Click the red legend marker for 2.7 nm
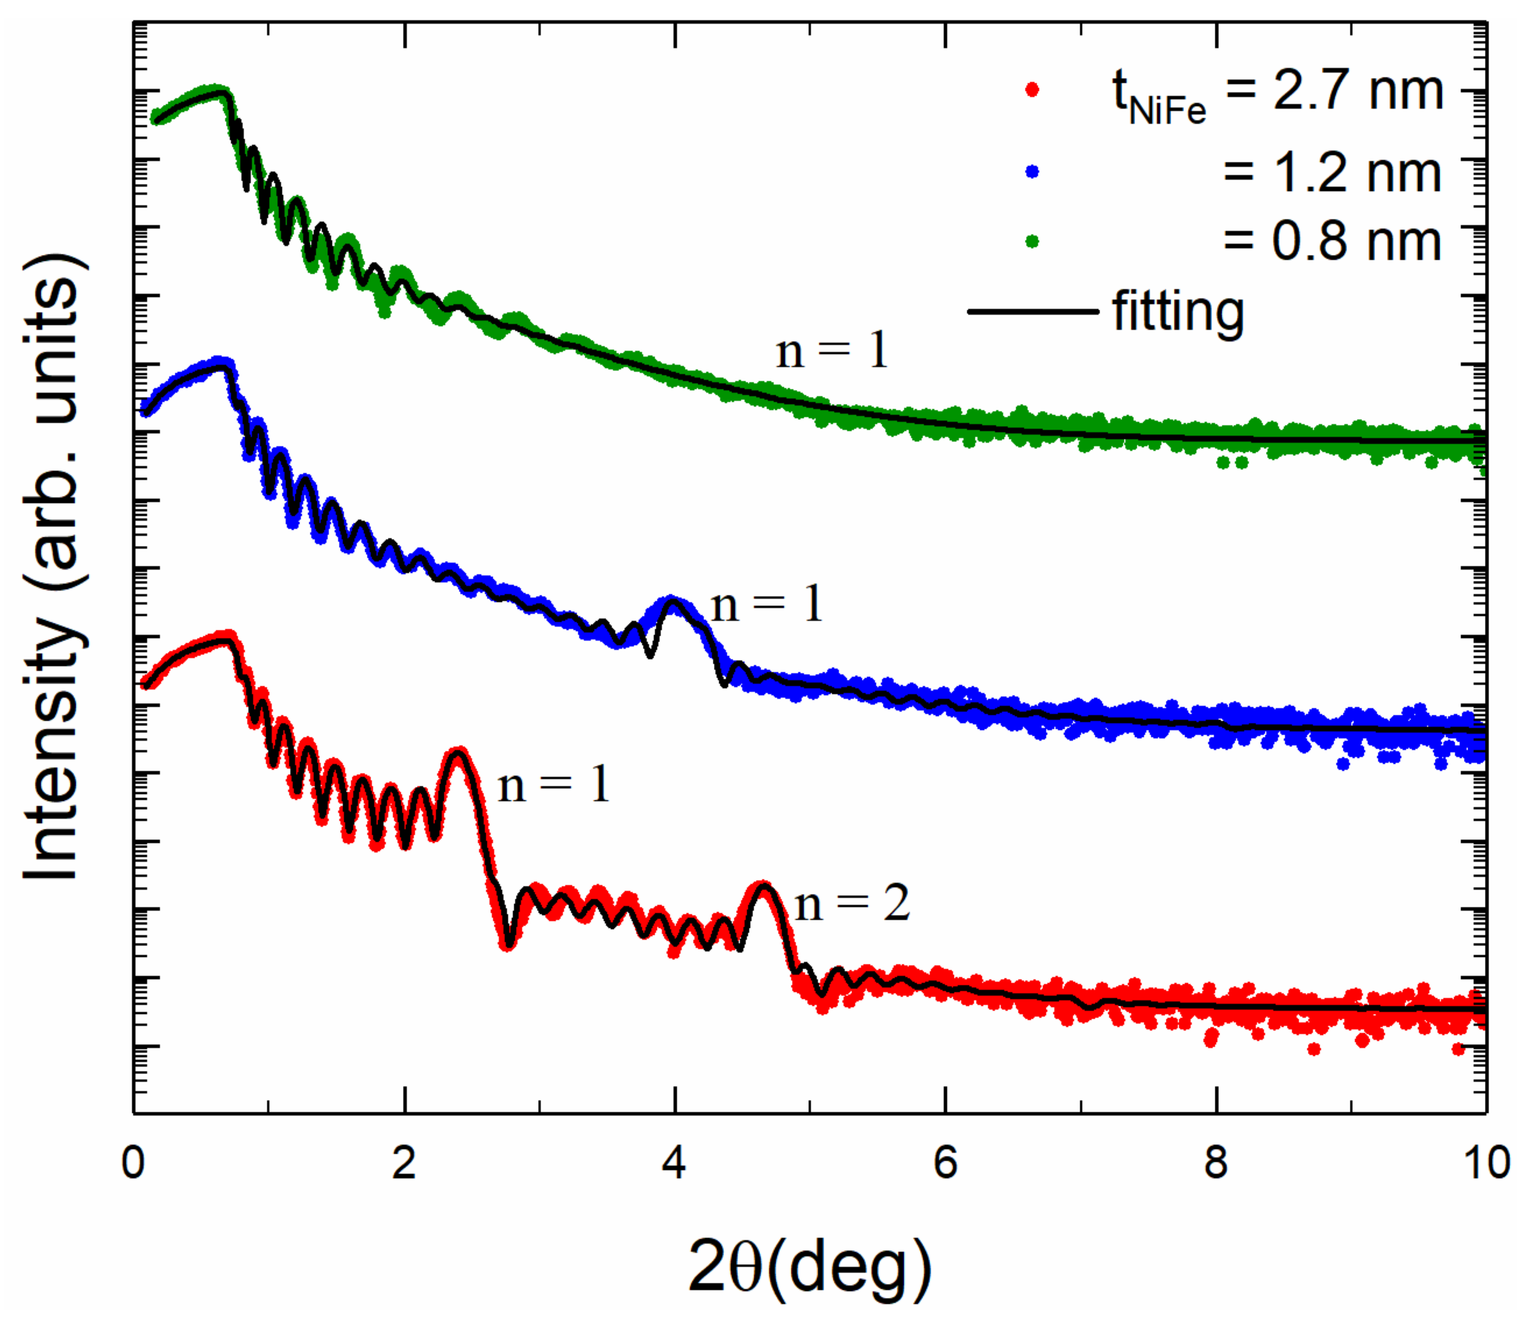click(x=1032, y=90)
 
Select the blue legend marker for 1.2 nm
click(x=1032, y=172)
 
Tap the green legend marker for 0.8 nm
click(x=1032, y=241)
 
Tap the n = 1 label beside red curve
click(x=553, y=785)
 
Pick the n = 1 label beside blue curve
click(x=767, y=604)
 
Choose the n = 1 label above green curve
click(x=831, y=350)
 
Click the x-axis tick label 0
click(x=133, y=1163)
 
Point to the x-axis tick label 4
click(x=674, y=1163)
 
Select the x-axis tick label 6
click(x=945, y=1163)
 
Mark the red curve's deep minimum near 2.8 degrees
click(x=507, y=944)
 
